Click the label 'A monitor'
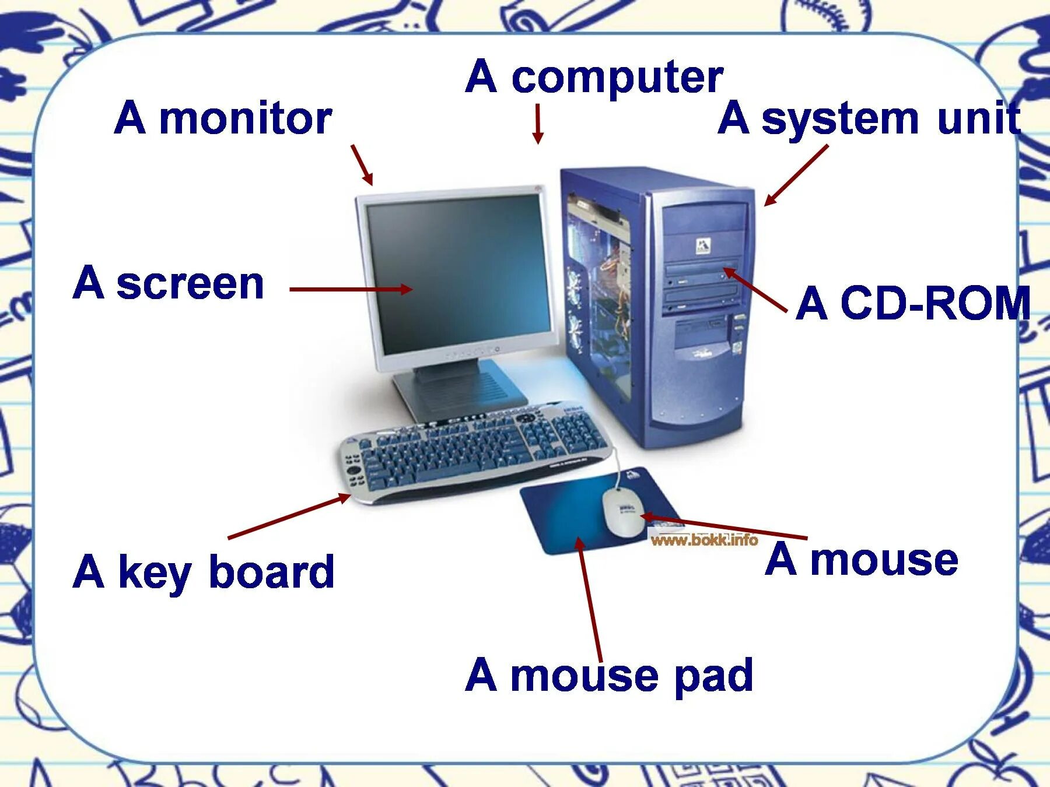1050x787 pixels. [x=223, y=118]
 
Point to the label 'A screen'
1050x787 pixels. [x=169, y=283]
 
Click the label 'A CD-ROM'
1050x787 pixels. [x=913, y=303]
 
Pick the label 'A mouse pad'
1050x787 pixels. [x=609, y=675]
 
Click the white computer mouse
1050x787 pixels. [x=623, y=511]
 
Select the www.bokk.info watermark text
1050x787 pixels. [x=704, y=540]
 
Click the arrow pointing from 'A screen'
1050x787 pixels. [x=351, y=289]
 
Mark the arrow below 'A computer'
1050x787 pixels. [x=538, y=124]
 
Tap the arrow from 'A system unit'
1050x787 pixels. [x=796, y=175]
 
